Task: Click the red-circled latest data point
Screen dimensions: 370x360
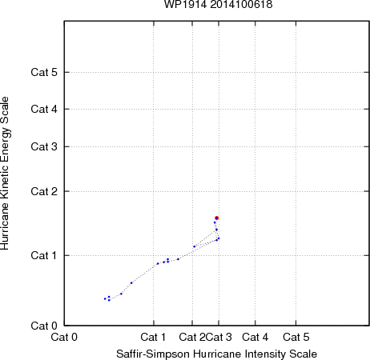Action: [x=217, y=218]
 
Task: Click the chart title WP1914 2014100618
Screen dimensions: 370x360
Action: [x=218, y=5]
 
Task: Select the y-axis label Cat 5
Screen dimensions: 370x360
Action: [x=44, y=72]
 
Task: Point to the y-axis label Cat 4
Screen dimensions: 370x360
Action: [x=44, y=109]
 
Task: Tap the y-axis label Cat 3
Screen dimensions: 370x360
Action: [x=44, y=146]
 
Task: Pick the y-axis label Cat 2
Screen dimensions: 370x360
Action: [x=44, y=191]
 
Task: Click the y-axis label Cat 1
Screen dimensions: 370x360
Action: [x=44, y=255]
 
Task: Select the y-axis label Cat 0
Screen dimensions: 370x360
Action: [x=44, y=326]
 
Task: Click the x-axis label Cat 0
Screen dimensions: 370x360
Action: [x=64, y=337]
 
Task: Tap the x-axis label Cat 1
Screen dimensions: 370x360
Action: [x=153, y=337]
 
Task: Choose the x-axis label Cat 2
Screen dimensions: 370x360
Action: [x=192, y=337]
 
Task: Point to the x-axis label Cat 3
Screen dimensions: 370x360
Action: [x=219, y=337]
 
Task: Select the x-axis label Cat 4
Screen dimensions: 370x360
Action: [x=255, y=337]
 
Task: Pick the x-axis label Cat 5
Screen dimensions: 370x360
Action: [x=296, y=337]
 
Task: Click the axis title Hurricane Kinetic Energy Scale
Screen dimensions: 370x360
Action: [x=5, y=174]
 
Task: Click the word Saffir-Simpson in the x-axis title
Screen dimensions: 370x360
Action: [x=153, y=354]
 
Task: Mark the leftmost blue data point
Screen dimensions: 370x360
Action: [x=105, y=298]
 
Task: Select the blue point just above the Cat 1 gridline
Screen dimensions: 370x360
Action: [x=195, y=246]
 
